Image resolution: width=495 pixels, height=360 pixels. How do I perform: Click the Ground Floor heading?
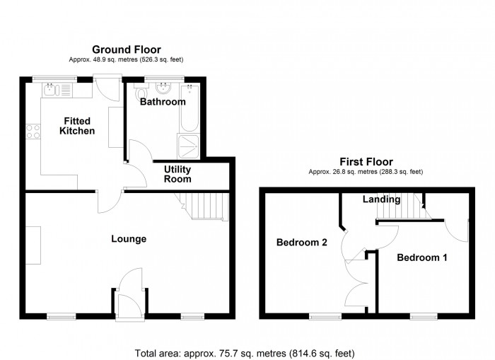point(127,50)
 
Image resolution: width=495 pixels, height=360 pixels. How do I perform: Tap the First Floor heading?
point(366,162)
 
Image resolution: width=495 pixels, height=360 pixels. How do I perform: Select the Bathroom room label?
point(163,102)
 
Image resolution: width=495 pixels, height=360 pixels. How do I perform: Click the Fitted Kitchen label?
point(77,126)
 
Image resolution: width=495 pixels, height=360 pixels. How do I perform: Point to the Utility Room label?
point(177,174)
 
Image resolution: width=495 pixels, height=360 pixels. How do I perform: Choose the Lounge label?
point(129,239)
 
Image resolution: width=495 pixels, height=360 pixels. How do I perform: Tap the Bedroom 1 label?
point(422,257)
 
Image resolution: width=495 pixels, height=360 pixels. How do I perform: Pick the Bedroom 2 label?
point(301,242)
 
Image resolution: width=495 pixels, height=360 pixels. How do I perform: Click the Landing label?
point(381,199)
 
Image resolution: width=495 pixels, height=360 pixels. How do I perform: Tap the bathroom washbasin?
point(163,88)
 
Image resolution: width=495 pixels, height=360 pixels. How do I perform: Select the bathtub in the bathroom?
point(189,108)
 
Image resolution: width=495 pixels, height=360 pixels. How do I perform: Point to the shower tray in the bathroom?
point(189,146)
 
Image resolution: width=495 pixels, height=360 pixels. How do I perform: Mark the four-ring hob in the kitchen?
point(33,132)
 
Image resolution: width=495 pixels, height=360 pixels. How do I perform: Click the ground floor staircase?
point(202,206)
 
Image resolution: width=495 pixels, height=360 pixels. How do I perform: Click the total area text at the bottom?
point(245,353)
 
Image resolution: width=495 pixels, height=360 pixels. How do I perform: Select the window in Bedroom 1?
point(424,316)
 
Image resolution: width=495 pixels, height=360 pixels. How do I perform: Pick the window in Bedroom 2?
point(325,316)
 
